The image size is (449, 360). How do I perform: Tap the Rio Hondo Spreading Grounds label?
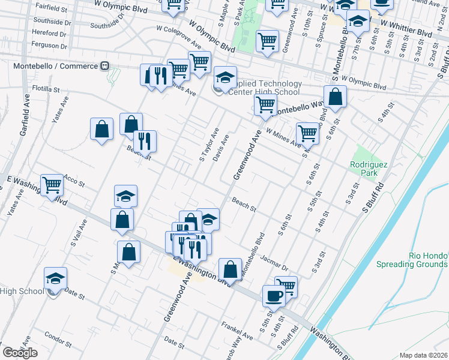(x=412, y=259)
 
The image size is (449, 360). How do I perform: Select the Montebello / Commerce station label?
(x=50, y=65)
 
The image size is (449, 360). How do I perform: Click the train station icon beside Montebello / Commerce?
(x=104, y=65)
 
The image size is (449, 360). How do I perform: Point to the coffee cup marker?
(x=274, y=297)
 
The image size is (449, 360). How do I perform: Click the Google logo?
(x=20, y=353)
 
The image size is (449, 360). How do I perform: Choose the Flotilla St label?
(x=46, y=89)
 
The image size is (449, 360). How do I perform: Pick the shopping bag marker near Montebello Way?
(x=335, y=97)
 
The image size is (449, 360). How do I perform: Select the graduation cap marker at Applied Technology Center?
(x=225, y=78)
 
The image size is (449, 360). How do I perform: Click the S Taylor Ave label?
(x=206, y=144)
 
